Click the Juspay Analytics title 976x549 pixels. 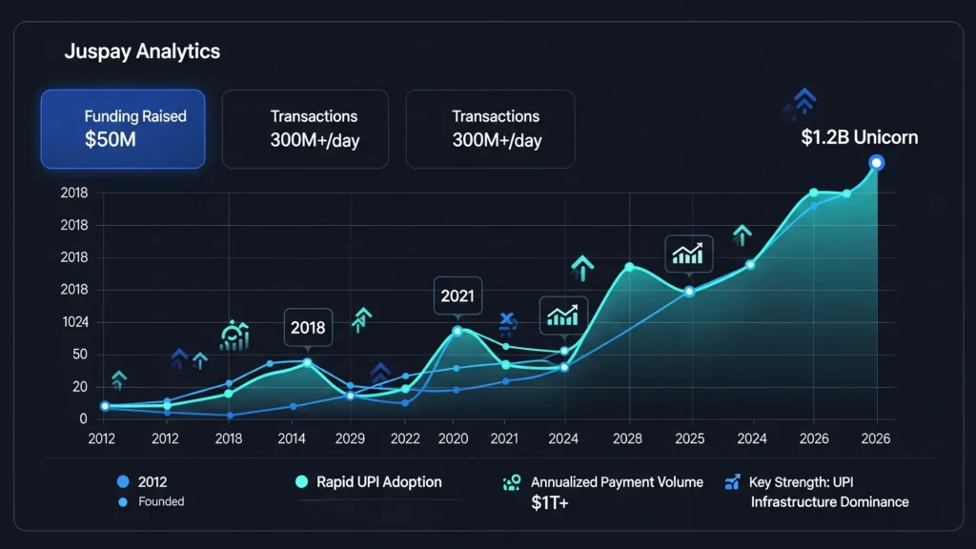pos(142,51)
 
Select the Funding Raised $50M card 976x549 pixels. pos(122,129)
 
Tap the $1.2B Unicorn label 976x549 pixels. pos(860,137)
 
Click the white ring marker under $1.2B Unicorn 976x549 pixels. pos(877,163)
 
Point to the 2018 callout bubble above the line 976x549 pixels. pos(308,327)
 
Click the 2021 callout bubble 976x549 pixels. pos(457,295)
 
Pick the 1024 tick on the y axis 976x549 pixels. pos(74,322)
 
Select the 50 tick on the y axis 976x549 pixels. pos(79,355)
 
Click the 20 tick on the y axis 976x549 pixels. pos(79,387)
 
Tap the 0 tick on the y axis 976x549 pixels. pos(83,418)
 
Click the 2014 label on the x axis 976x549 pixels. pos(292,438)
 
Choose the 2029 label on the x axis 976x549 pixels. pos(350,438)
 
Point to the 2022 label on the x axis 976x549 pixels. pos(404,438)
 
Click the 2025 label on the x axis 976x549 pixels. pos(689,438)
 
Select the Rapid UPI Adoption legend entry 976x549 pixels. pos(378,482)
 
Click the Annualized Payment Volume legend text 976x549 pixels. pos(617,482)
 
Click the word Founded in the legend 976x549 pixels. pos(161,501)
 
